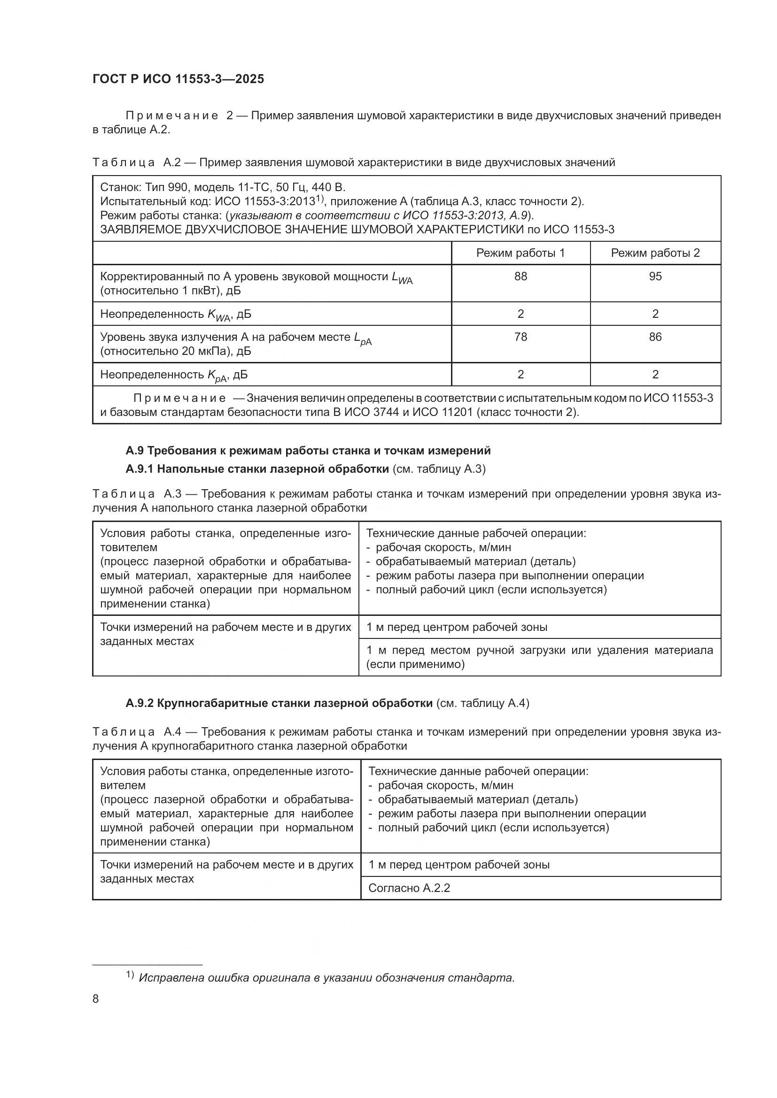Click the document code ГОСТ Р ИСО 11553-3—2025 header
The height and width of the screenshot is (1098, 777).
coord(178,79)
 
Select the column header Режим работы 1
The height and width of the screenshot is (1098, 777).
coord(520,253)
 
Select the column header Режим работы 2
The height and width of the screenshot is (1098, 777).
coord(655,253)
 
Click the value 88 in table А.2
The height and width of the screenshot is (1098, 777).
coord(521,276)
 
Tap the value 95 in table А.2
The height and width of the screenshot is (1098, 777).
coord(655,276)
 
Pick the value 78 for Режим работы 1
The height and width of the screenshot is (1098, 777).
coord(521,337)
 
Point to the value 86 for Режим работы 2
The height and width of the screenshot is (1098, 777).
coord(655,337)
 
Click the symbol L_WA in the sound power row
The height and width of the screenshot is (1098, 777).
coord(401,278)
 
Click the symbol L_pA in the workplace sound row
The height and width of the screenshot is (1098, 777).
coord(362,338)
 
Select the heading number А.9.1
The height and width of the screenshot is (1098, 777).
coord(139,469)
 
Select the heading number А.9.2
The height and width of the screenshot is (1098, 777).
coord(139,704)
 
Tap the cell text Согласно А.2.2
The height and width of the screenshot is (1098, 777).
coord(409,889)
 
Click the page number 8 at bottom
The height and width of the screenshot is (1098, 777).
coord(96,999)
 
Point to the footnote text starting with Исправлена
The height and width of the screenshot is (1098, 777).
coord(326,978)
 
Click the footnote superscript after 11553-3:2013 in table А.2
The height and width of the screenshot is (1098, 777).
coord(320,199)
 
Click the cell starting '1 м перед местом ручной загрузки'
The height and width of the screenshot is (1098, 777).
coord(539,657)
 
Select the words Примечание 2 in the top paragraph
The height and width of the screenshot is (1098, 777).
coord(179,116)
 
